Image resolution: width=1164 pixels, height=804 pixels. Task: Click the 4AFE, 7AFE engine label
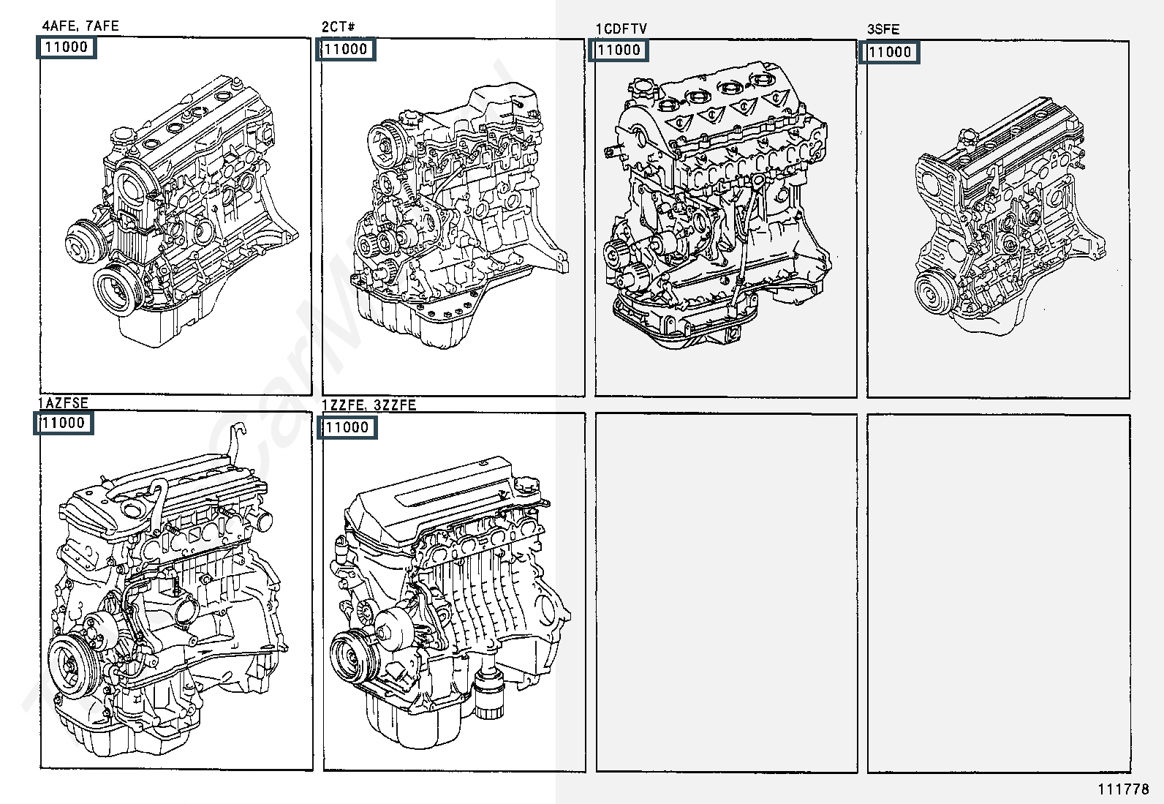(80, 26)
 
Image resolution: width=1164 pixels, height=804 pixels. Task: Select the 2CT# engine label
(338, 27)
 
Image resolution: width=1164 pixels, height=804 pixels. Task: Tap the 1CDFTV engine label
(621, 29)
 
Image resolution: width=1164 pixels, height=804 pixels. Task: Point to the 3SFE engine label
(883, 29)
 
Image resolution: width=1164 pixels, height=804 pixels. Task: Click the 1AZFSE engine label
(64, 402)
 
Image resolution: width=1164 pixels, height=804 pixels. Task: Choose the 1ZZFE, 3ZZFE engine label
(369, 405)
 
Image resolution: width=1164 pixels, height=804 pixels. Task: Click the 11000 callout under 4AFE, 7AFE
(66, 47)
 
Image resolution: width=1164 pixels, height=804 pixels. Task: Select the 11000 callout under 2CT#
(346, 50)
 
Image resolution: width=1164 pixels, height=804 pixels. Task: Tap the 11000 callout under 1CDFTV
(619, 50)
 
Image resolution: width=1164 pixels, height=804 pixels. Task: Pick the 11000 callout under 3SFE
(889, 52)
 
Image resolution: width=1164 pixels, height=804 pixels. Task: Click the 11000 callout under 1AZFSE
(64, 423)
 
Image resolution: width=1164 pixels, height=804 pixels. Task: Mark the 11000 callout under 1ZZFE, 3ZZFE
(347, 427)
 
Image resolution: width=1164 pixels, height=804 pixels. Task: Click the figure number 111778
(1123, 789)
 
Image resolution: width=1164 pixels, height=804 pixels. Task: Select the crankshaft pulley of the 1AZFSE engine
(69, 665)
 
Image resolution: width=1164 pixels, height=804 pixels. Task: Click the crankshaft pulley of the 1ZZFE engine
(350, 655)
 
